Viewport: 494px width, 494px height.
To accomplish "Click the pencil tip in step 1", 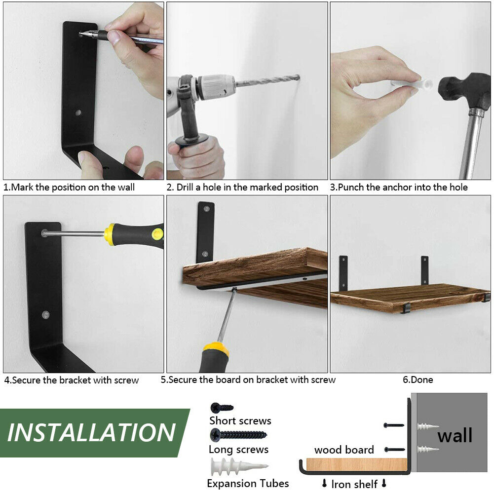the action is (80, 34).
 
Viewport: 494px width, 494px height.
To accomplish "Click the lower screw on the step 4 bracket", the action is (46, 314).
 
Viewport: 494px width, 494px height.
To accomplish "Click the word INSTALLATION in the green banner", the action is (91, 432).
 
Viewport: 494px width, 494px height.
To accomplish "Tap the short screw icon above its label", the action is (222, 408).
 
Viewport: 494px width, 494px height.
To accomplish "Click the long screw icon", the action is (238, 435).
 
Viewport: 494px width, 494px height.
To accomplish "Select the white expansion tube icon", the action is (239, 466).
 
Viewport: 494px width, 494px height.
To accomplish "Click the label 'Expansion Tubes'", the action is (248, 483).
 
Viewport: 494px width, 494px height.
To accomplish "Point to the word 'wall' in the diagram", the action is (455, 435).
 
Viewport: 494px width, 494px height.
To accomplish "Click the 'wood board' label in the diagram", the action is (344, 450).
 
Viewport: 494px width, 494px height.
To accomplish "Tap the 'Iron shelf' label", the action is (354, 484).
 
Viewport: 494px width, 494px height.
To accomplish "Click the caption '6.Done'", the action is (418, 380).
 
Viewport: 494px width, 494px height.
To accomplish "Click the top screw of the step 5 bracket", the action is (207, 209).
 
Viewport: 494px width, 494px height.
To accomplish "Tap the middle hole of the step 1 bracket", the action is (78, 113).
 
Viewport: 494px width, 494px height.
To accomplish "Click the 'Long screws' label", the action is (238, 450).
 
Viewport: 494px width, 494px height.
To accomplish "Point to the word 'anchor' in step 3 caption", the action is (396, 187).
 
